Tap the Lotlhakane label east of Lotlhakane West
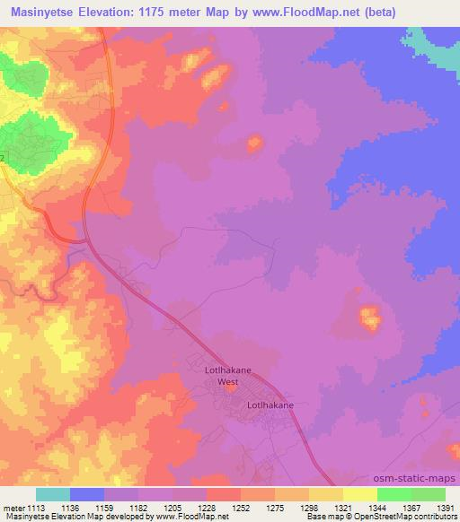point(270,405)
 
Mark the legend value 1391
point(445,507)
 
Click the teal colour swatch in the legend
point(53,494)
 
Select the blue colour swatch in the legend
point(87,494)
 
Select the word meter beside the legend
point(12,507)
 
